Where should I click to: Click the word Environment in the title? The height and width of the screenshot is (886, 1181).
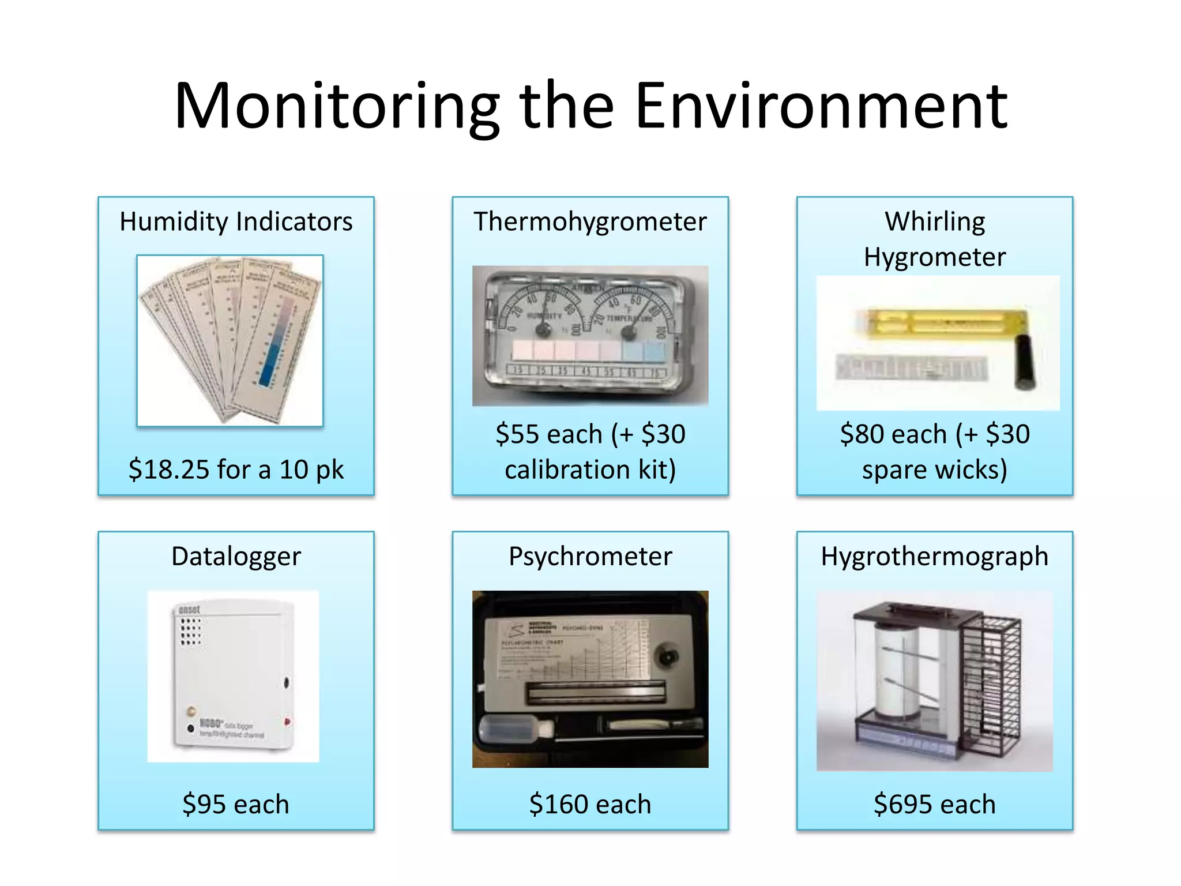(821, 107)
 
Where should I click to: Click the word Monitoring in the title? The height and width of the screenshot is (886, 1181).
(337, 107)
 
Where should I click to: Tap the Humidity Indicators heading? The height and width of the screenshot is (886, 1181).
(236, 222)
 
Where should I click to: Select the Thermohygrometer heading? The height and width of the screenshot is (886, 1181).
(590, 222)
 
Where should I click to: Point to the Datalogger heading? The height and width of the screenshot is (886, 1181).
(236, 557)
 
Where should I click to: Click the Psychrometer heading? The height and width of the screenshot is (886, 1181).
(590, 557)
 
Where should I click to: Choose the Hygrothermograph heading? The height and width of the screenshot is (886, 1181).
(934, 557)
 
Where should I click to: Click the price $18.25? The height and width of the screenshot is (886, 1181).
(168, 470)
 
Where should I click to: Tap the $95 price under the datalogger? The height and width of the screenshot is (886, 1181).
(197, 804)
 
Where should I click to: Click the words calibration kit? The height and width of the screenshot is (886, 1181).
(590, 470)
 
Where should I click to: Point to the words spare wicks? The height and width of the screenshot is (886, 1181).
(934, 470)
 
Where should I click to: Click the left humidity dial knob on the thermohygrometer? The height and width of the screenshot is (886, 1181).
(543, 331)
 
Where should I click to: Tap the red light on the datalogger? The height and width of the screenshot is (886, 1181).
(287, 721)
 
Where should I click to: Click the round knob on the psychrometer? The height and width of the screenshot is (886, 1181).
(668, 657)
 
